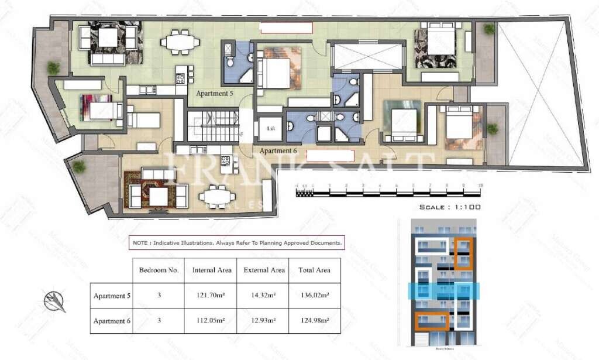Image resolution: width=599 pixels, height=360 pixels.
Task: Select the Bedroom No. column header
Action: click(158, 270)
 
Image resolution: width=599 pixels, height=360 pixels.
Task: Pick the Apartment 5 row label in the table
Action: click(112, 296)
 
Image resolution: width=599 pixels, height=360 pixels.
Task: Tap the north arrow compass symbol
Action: click(54, 300)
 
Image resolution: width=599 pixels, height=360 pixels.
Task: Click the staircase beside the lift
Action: click(214, 124)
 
